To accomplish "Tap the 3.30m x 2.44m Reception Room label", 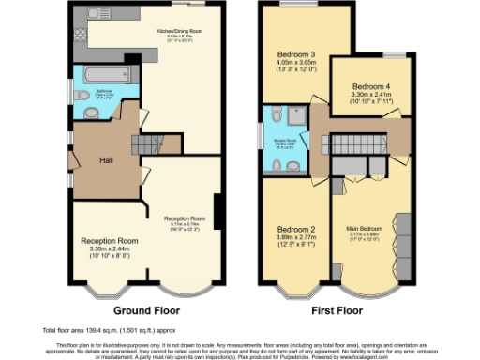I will coord(109,246).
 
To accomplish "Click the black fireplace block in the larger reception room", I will coord(218,208).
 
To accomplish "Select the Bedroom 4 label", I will coord(369,89).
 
